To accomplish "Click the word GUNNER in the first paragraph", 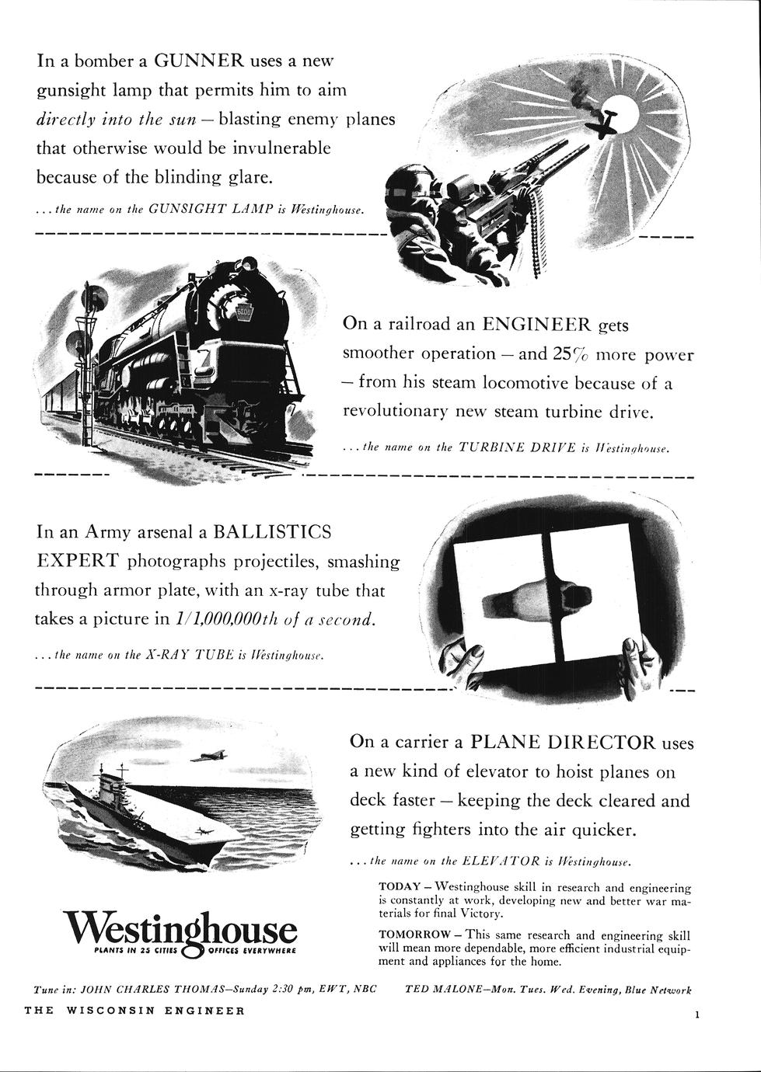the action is point(200,61).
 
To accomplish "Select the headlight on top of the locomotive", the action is point(249,263).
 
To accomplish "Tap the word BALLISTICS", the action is point(272,531).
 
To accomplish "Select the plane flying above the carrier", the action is point(207,756).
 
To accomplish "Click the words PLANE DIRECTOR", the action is point(562,742).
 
